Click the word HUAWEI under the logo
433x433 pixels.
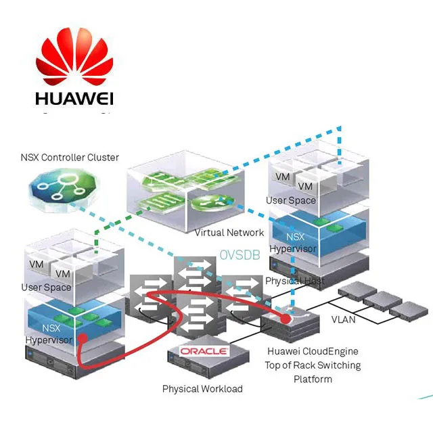[x=74, y=97]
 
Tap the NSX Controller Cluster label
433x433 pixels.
[x=69, y=158]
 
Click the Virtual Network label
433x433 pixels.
[x=229, y=233]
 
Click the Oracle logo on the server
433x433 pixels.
[x=204, y=351]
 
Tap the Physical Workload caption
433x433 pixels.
[x=202, y=388]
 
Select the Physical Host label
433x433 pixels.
[x=295, y=280]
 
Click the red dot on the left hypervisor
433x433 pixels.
[x=82, y=337]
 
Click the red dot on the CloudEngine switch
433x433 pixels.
[x=286, y=318]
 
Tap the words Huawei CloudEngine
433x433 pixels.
[x=313, y=351]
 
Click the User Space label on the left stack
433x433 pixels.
[x=46, y=288]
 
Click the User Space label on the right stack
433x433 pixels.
[x=290, y=200]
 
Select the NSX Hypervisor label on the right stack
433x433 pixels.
[x=294, y=243]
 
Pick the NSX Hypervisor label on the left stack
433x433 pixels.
[x=49, y=334]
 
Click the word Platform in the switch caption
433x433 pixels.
[x=313, y=379]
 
